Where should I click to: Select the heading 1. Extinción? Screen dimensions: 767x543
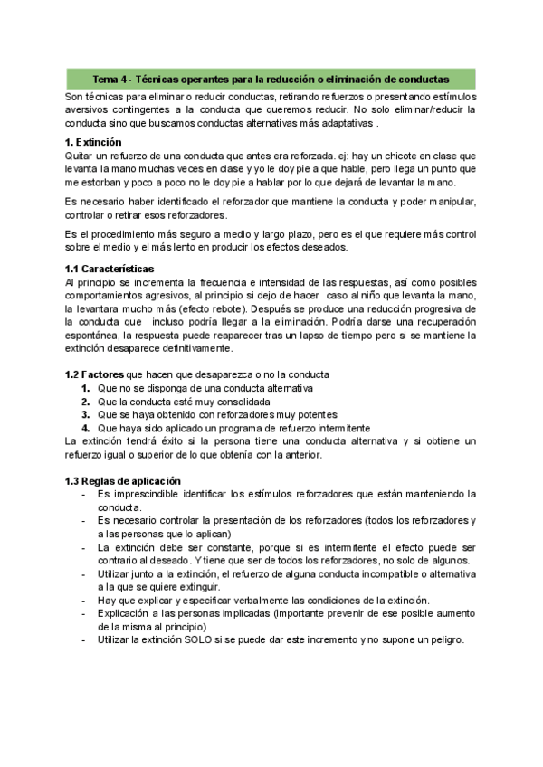[93, 143]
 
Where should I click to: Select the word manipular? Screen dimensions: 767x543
[448, 201]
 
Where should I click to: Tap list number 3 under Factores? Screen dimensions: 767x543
[86, 414]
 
